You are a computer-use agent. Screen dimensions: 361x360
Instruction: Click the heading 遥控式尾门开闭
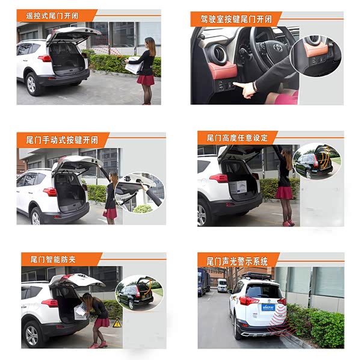[52, 16]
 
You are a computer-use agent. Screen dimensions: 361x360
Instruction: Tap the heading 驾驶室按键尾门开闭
[236, 19]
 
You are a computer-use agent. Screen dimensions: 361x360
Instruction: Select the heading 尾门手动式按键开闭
[62, 140]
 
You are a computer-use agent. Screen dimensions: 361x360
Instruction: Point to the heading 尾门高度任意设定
[237, 138]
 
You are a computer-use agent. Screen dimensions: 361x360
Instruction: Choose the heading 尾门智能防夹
[53, 259]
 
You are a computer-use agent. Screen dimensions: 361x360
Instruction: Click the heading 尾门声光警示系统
[237, 261]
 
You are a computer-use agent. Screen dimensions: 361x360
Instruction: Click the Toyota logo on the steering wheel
[277, 48]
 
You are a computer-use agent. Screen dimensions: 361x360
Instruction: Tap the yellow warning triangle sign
[117, 323]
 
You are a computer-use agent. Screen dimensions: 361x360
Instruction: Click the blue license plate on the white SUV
[268, 307]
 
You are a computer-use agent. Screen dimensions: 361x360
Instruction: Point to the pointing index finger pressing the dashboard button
[239, 85]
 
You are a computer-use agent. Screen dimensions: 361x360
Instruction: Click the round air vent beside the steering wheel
[218, 54]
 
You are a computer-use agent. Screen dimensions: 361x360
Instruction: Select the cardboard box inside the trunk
[238, 187]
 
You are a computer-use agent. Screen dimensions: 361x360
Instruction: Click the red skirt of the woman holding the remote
[146, 80]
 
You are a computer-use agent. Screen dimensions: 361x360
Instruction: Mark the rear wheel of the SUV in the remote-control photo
[32, 84]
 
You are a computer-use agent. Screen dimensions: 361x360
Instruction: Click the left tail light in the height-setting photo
[218, 178]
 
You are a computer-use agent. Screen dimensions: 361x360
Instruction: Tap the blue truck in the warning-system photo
[203, 282]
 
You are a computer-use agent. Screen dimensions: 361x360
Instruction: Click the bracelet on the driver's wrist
[254, 86]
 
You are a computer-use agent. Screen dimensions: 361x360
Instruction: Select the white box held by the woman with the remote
[135, 65]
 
